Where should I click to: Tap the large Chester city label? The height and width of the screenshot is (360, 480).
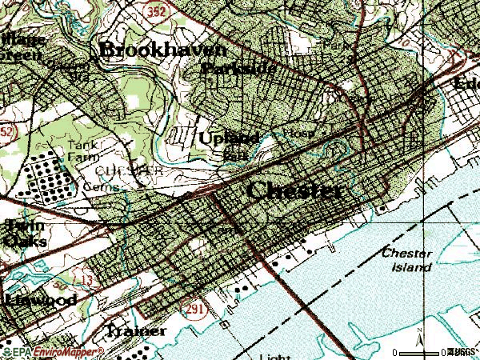tap(295, 191)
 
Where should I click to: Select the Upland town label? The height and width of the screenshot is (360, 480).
tap(228, 138)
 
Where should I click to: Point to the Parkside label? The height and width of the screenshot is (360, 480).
tap(238, 70)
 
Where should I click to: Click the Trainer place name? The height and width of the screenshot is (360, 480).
tap(136, 330)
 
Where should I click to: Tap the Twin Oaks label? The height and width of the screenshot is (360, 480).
tap(24, 232)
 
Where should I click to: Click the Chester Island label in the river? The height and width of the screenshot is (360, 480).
tap(407, 259)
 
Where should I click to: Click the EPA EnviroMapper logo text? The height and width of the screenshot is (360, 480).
tap(54, 351)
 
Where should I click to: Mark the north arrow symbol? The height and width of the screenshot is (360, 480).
tap(422, 342)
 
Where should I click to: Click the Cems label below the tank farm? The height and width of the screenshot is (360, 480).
tap(106, 187)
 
